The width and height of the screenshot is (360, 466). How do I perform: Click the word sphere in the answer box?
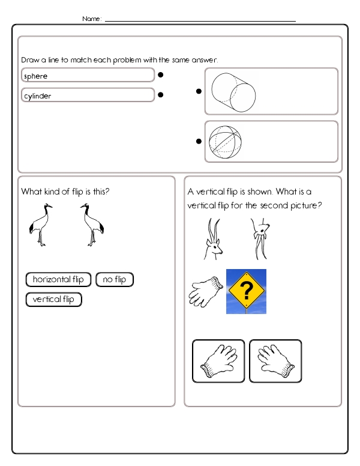tap(36, 76)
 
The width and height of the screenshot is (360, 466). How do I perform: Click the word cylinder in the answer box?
tap(38, 95)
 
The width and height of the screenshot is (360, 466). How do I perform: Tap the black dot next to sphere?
tap(161, 76)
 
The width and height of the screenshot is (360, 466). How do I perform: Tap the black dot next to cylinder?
tap(161, 95)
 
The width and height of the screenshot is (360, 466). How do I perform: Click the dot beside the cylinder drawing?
tap(198, 91)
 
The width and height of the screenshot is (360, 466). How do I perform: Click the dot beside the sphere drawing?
tap(198, 142)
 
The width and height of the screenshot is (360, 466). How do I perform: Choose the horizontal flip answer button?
tap(58, 279)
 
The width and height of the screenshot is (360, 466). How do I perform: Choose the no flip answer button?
tap(115, 279)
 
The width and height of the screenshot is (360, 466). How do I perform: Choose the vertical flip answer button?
tap(53, 299)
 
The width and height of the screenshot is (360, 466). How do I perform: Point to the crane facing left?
tap(92, 225)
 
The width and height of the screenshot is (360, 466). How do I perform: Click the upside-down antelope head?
tap(259, 238)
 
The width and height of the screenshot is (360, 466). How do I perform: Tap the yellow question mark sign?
tap(246, 291)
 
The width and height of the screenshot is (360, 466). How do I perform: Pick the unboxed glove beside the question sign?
tap(205, 291)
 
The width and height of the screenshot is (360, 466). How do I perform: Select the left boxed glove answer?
tap(218, 361)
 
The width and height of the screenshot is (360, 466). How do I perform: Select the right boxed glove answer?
tap(275, 361)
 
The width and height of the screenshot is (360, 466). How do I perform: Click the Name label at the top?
tap(92, 19)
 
